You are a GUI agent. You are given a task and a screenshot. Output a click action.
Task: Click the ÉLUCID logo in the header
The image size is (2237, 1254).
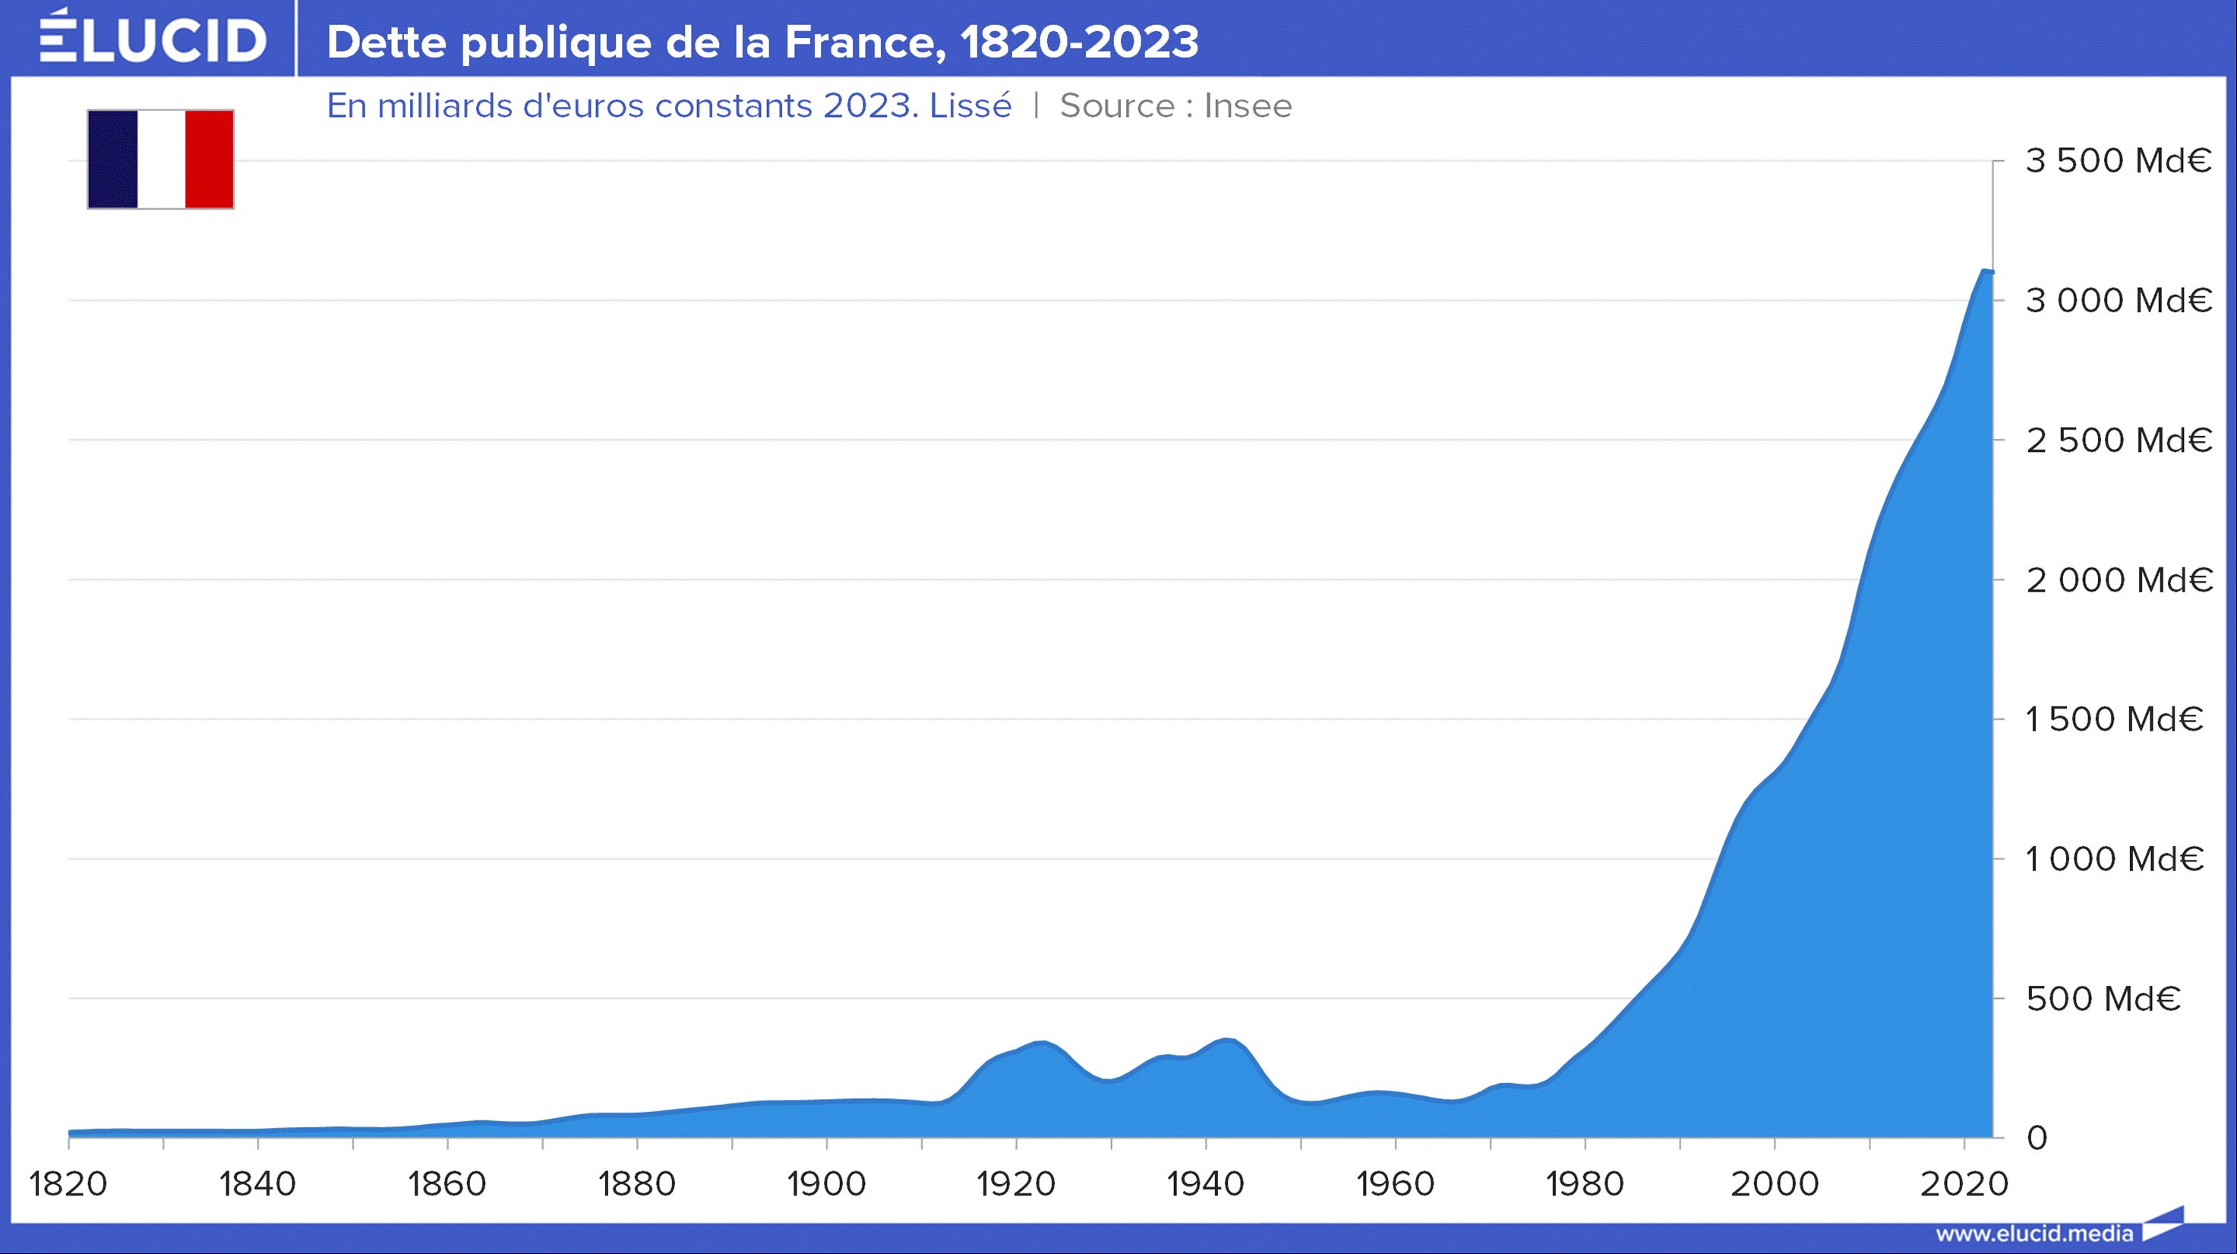pos(153,39)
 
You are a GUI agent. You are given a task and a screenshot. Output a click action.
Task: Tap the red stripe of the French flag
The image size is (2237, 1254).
pos(210,159)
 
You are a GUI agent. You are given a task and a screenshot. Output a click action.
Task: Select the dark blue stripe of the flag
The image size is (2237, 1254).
pos(113,159)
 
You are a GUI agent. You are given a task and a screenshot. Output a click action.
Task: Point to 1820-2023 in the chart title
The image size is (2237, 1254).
pos(1080,42)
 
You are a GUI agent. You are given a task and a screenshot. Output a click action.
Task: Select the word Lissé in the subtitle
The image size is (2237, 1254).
pos(970,106)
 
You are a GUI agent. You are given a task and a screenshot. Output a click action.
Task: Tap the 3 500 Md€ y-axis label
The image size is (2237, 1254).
pos(2118,161)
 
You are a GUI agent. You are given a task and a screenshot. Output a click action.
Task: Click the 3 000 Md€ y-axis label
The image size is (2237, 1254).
pos(2118,301)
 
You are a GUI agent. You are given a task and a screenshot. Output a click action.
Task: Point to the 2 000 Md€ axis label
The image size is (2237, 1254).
pos(2118,580)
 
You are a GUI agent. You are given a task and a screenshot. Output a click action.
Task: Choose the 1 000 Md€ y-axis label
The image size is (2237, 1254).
pos(2115,859)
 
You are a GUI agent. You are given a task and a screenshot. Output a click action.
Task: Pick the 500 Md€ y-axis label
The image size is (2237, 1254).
pos(2103,999)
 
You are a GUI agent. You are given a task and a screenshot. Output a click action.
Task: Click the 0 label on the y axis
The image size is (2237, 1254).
pos(2037,1138)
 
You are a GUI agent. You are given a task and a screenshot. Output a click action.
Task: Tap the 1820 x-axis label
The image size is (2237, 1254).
pos(68,1183)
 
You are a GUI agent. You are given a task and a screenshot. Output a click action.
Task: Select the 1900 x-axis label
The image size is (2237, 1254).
pos(827,1183)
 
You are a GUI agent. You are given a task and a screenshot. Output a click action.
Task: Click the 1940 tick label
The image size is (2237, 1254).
pos(1205,1183)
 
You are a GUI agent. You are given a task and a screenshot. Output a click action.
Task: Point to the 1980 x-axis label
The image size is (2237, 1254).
pos(1585,1183)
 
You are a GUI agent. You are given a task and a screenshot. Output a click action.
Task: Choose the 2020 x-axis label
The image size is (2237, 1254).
pos(1964,1183)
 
